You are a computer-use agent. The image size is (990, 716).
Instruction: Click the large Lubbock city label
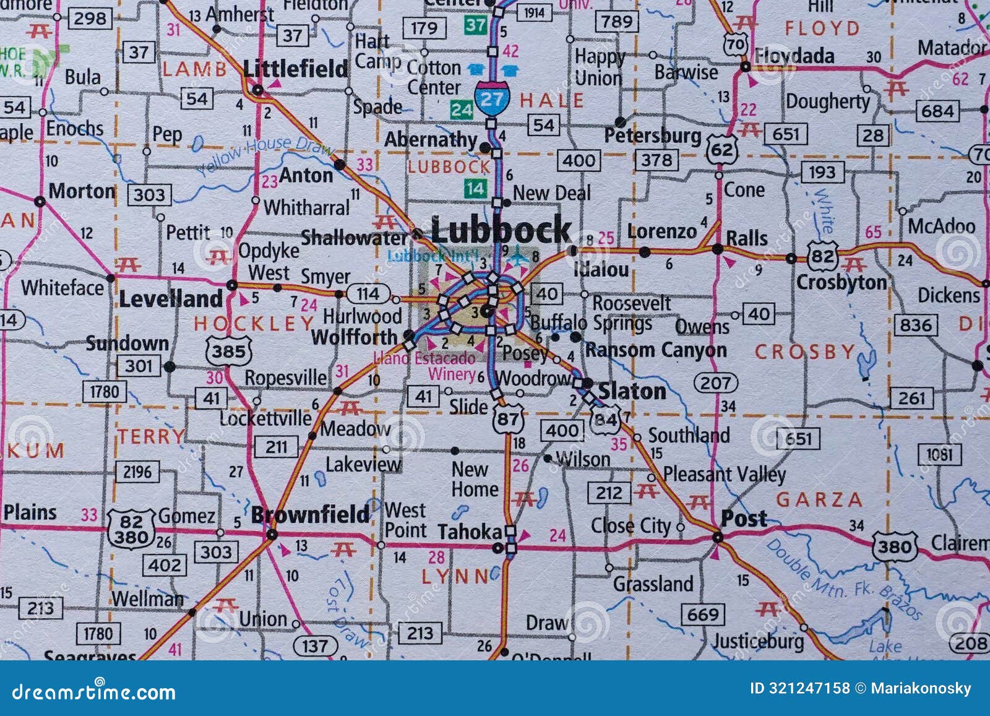point(501,230)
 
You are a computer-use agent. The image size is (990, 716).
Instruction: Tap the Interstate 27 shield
point(492,99)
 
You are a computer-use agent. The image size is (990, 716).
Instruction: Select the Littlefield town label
point(295,69)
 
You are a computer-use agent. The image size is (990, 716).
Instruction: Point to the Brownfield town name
point(310,514)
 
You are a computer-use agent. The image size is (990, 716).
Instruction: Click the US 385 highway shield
point(228,352)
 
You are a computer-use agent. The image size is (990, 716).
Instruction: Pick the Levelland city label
point(170,299)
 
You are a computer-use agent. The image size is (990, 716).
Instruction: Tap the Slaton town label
point(632,391)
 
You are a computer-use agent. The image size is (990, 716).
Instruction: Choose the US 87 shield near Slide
point(508,419)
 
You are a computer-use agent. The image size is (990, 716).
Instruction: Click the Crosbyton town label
point(841,282)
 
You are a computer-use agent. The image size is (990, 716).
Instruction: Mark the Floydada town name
point(794,56)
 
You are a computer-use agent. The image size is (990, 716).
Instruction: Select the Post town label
point(744,519)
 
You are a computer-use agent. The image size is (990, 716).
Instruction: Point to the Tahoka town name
point(470,532)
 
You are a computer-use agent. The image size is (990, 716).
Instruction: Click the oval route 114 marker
point(368,293)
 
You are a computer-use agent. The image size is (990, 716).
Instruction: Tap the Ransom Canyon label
point(656,350)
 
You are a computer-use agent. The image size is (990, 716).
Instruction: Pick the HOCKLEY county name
point(254,323)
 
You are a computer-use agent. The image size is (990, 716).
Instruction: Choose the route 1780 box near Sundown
point(104,392)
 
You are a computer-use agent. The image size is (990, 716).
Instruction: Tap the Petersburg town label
point(653,136)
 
